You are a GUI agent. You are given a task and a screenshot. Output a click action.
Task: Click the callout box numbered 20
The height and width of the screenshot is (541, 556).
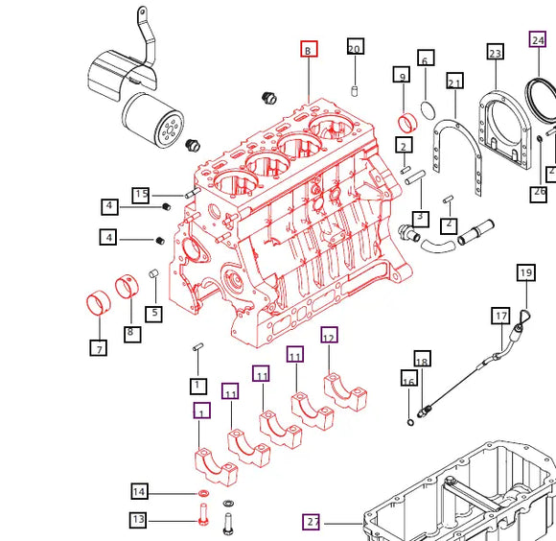point(355,48)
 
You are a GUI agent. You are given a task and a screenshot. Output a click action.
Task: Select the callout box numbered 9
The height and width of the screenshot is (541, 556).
point(401,75)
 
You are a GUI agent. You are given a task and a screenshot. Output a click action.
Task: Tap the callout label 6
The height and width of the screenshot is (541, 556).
point(425,58)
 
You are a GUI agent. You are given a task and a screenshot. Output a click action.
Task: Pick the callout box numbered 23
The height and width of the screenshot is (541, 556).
point(495,53)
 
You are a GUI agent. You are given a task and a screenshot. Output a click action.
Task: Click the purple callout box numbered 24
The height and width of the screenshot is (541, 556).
point(538,40)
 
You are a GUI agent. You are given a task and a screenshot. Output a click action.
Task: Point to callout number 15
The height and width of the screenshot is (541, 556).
point(141,195)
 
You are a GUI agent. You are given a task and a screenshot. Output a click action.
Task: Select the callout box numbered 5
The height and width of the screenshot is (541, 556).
point(153,313)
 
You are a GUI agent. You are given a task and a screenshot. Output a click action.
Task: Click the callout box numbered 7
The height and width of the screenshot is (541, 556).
point(99,349)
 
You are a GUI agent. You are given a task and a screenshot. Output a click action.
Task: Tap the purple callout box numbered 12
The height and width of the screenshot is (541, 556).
point(329,336)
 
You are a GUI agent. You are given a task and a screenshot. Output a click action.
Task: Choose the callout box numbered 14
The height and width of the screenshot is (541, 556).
point(140,492)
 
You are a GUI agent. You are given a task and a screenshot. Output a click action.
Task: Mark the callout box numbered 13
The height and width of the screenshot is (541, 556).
point(139,520)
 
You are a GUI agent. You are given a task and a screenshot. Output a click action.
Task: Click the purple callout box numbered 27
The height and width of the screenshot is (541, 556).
point(313,523)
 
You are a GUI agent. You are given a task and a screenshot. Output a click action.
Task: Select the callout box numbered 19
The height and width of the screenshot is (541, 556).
point(525,273)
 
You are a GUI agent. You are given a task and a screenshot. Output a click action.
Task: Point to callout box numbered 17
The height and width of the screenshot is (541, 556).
point(500,316)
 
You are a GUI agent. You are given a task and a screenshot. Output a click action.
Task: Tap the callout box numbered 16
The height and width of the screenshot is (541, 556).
point(408,381)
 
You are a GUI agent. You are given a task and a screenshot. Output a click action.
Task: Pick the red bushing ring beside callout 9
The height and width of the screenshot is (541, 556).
point(406,122)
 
